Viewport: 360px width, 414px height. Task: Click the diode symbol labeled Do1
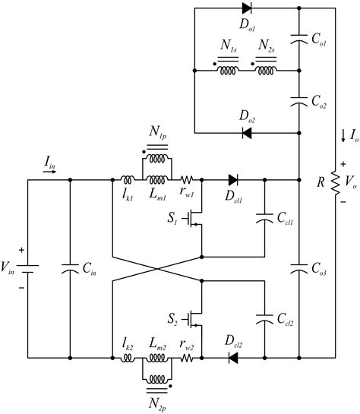click(x=247, y=9)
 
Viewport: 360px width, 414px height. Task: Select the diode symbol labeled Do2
click(x=247, y=132)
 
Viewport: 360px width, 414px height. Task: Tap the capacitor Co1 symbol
click(x=301, y=44)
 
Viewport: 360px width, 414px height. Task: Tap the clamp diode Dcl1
click(x=232, y=181)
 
